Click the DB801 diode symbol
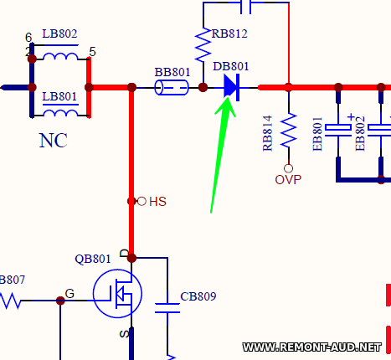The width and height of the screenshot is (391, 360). tap(232, 87)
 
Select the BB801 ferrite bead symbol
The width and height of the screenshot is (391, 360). tap(172, 87)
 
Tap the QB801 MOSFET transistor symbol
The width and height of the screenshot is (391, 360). tap(117, 294)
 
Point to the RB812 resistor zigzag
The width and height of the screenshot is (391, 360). tap(203, 44)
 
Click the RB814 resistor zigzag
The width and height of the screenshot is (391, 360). tap(289, 130)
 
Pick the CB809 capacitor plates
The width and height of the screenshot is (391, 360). tap(167, 308)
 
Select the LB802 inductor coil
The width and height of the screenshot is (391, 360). tap(60, 56)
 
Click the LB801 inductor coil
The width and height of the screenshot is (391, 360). tap(60, 113)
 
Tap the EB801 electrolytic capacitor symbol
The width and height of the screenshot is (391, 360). tap(338, 130)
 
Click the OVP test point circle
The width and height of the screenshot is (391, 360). tap(289, 168)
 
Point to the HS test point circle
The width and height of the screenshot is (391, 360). tap(141, 201)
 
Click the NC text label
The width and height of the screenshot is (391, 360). tap(54, 140)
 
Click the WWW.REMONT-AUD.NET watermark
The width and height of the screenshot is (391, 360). tap(312, 347)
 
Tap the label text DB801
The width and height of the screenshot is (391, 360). tap(230, 66)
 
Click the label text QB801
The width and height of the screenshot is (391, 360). tap(93, 259)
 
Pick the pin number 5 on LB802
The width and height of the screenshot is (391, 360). tap(93, 52)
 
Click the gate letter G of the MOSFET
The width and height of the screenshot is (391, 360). tap(69, 294)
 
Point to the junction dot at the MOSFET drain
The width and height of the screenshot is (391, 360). tap(131, 258)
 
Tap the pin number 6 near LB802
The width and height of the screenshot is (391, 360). tap(28, 37)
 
